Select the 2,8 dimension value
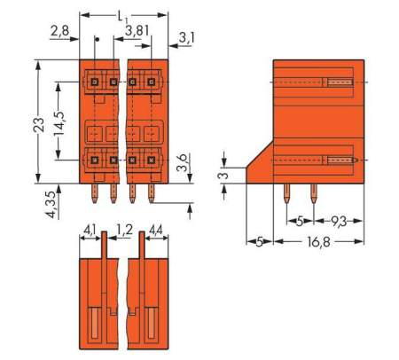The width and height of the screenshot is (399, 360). [59, 33]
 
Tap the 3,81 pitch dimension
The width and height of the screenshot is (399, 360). [137, 33]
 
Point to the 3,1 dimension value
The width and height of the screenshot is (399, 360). [186, 37]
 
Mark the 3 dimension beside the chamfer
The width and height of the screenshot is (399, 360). [224, 175]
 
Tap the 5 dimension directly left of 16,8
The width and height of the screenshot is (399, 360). [259, 241]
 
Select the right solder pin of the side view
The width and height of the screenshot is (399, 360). [313, 192]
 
